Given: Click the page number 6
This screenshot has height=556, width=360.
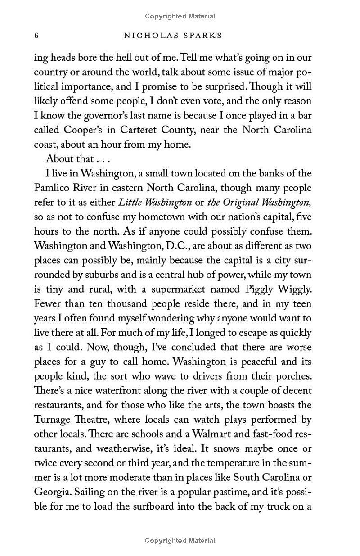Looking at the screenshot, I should (x=36, y=35).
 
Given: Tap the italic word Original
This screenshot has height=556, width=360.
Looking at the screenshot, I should (x=247, y=203).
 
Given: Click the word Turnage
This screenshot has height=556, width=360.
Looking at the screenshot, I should (x=52, y=420).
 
